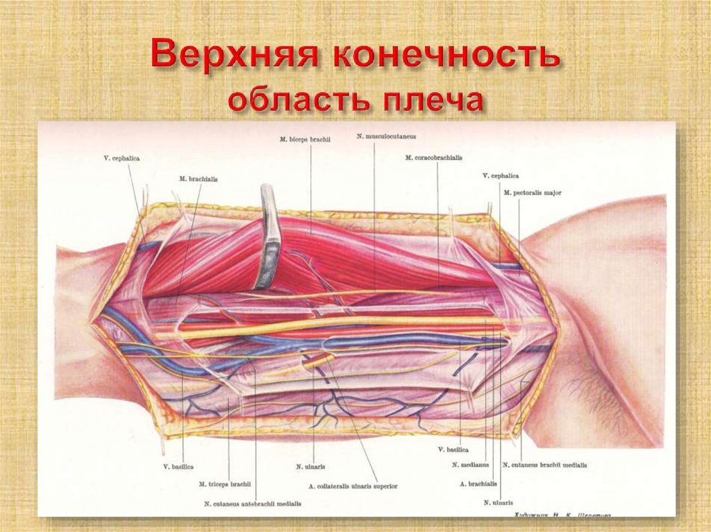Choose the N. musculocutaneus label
tap(386, 136)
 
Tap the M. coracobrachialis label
tap(433, 157)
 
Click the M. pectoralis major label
tap(533, 192)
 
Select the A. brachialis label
tap(478, 483)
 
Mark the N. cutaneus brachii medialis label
tap(544, 465)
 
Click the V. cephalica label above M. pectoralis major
tap(501, 176)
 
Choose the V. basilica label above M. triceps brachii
tap(178, 466)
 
